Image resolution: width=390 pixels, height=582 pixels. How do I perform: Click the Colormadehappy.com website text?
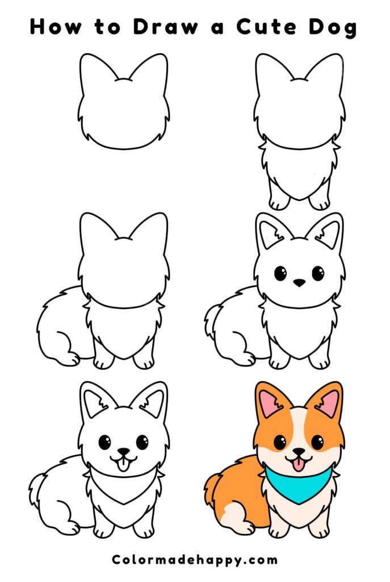pyautogui.click(x=195, y=560)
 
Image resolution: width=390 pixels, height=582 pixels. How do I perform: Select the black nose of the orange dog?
pyautogui.click(x=299, y=452)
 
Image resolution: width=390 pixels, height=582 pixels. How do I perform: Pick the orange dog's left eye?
pyautogui.click(x=280, y=442)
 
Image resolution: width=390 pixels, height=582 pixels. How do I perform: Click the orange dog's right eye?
pyautogui.click(x=317, y=442)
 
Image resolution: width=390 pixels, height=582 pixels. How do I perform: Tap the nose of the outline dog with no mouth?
pyautogui.click(x=299, y=282)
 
